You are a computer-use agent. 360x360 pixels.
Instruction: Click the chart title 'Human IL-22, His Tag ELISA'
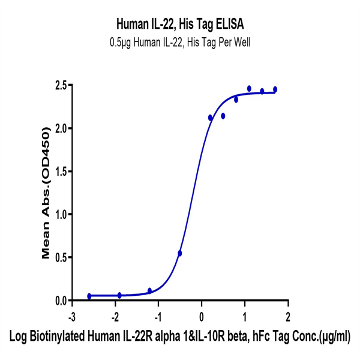click(x=180, y=25)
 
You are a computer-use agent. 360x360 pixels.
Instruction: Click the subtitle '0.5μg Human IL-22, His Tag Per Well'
click(x=180, y=42)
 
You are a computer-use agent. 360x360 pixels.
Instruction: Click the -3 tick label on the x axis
click(x=71, y=316)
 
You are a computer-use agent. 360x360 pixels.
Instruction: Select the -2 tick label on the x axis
click(x=115, y=316)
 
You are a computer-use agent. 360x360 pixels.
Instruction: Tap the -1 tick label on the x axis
click(x=158, y=316)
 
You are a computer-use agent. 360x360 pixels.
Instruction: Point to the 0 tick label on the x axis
click(x=202, y=316)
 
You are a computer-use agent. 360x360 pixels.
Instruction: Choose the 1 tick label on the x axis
click(x=245, y=316)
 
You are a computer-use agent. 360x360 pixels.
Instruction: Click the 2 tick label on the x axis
click(x=288, y=316)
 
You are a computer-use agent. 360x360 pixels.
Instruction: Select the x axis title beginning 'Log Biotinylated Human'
click(x=180, y=337)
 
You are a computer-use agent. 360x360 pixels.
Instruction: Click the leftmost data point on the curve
click(x=89, y=296)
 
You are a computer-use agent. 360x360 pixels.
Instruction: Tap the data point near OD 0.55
click(x=180, y=253)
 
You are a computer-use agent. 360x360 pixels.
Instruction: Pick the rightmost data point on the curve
click(x=275, y=89)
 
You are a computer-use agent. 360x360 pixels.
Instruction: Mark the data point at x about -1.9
click(x=119, y=295)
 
